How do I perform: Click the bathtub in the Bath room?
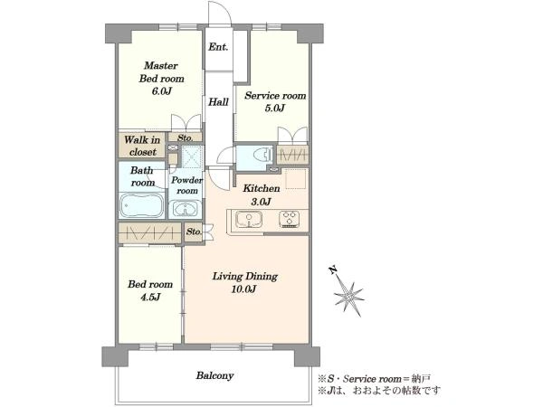142,205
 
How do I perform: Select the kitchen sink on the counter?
249,220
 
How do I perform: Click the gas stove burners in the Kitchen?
290,219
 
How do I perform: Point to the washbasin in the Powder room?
186,209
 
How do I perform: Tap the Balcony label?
214,375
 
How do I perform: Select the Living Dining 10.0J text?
245,282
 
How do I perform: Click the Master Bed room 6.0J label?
161,78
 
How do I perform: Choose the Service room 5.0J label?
275,101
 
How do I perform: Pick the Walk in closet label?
142,146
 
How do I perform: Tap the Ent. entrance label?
218,47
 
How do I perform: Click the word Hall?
218,101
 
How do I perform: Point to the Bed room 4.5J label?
150,290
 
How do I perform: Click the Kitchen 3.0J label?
262,194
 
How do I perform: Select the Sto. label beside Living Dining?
194,232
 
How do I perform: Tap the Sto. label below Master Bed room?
185,137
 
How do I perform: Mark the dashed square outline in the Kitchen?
295,178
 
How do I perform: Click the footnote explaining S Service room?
375,379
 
